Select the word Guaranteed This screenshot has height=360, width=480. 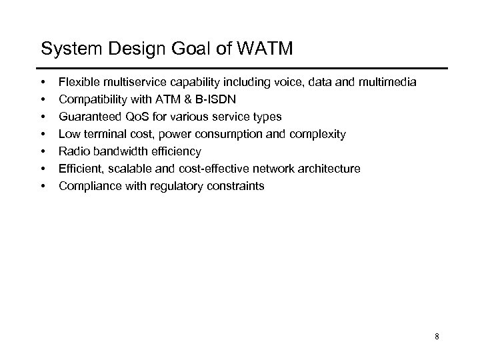pos(87,117)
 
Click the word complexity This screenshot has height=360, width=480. pos(319,134)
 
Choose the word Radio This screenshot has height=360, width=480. pos(73,151)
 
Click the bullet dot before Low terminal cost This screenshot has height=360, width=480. pos(43,134)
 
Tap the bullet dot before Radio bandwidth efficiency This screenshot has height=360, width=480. pos(43,151)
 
